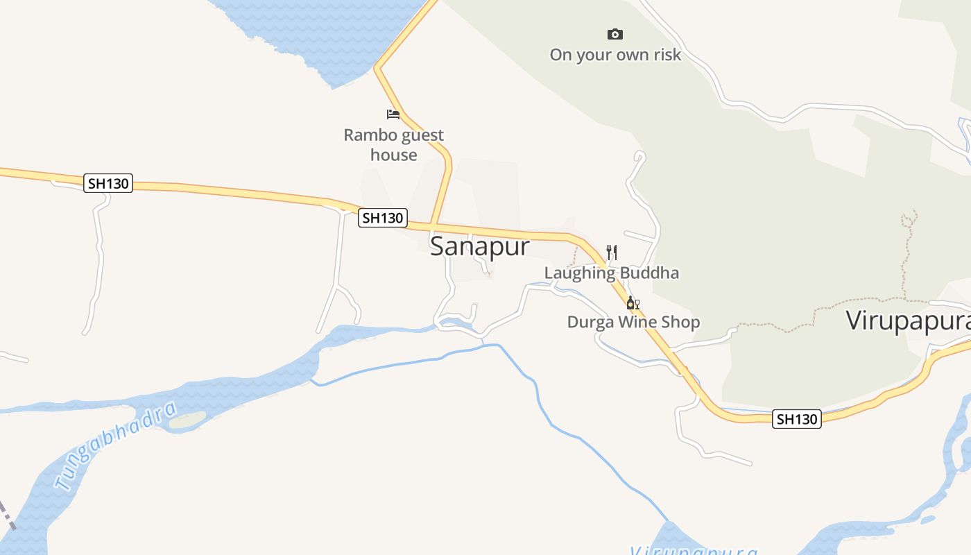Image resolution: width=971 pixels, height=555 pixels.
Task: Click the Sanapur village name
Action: (479, 246)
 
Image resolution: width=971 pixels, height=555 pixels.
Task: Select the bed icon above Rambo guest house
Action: (393, 114)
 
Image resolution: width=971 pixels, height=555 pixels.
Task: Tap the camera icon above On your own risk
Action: (615, 34)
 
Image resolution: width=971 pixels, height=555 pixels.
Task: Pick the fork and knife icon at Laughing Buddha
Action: (611, 252)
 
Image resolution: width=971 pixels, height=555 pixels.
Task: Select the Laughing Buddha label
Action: (611, 273)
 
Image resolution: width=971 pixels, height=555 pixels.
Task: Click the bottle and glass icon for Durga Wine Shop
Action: (633, 302)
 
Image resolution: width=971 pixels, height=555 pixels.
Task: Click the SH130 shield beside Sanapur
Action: (383, 218)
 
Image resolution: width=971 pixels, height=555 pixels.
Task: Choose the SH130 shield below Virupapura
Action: (797, 419)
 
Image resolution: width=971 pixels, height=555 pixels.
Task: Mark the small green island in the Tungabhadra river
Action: (188, 420)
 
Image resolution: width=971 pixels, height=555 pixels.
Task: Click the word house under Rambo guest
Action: (393, 155)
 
